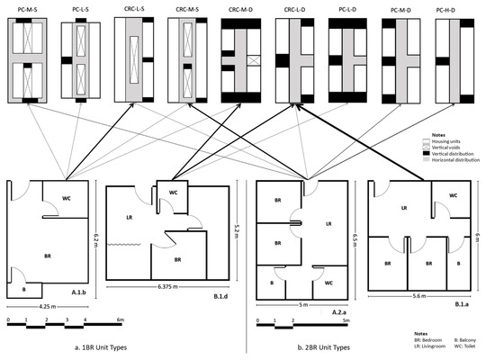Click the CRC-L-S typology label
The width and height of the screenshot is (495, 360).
[x=137, y=8]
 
